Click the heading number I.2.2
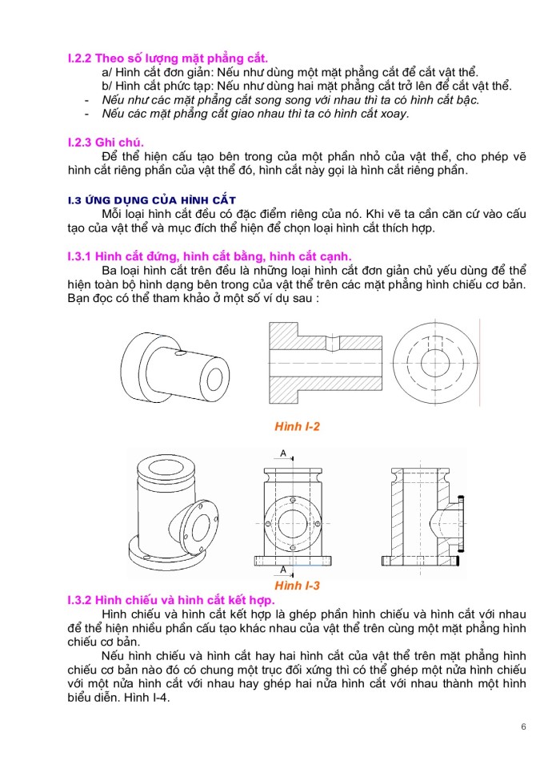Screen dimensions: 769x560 pos(80,58)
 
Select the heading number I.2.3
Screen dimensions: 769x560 pos(80,142)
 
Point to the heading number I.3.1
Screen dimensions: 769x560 pos(80,256)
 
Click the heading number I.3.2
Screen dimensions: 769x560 pos(80,599)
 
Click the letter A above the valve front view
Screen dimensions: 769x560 pos(283,454)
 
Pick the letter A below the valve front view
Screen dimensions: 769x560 pos(283,570)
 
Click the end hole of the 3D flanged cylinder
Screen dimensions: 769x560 pos(214,377)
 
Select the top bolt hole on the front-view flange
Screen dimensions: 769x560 pos(293,501)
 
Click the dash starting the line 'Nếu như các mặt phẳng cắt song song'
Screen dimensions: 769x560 pos(86,100)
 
